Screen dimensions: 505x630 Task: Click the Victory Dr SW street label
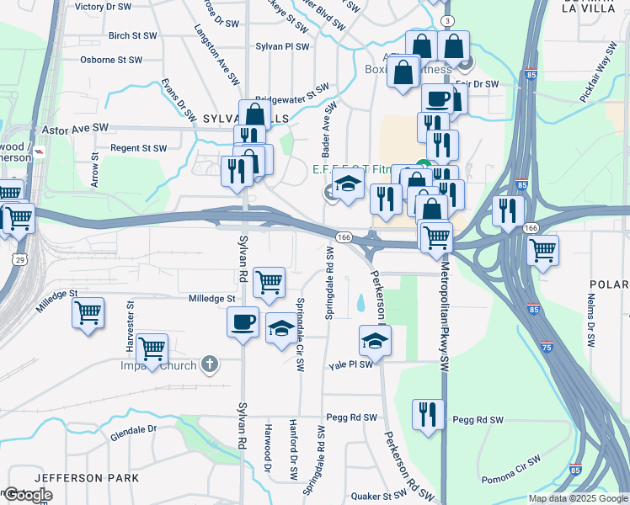click(103, 7)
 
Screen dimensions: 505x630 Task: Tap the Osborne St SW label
click(110, 61)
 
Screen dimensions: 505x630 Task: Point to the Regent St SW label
click(139, 148)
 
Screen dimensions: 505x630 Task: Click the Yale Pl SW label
click(350, 365)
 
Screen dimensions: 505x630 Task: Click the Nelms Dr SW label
click(591, 322)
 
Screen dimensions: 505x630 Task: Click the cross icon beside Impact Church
click(211, 365)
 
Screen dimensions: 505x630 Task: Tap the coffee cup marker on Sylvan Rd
click(243, 322)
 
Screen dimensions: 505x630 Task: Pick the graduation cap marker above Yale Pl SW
click(376, 340)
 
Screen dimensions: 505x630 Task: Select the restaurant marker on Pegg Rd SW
click(428, 413)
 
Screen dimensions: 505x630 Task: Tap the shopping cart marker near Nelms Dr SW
click(542, 249)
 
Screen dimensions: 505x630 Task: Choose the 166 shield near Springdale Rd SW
click(344, 238)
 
